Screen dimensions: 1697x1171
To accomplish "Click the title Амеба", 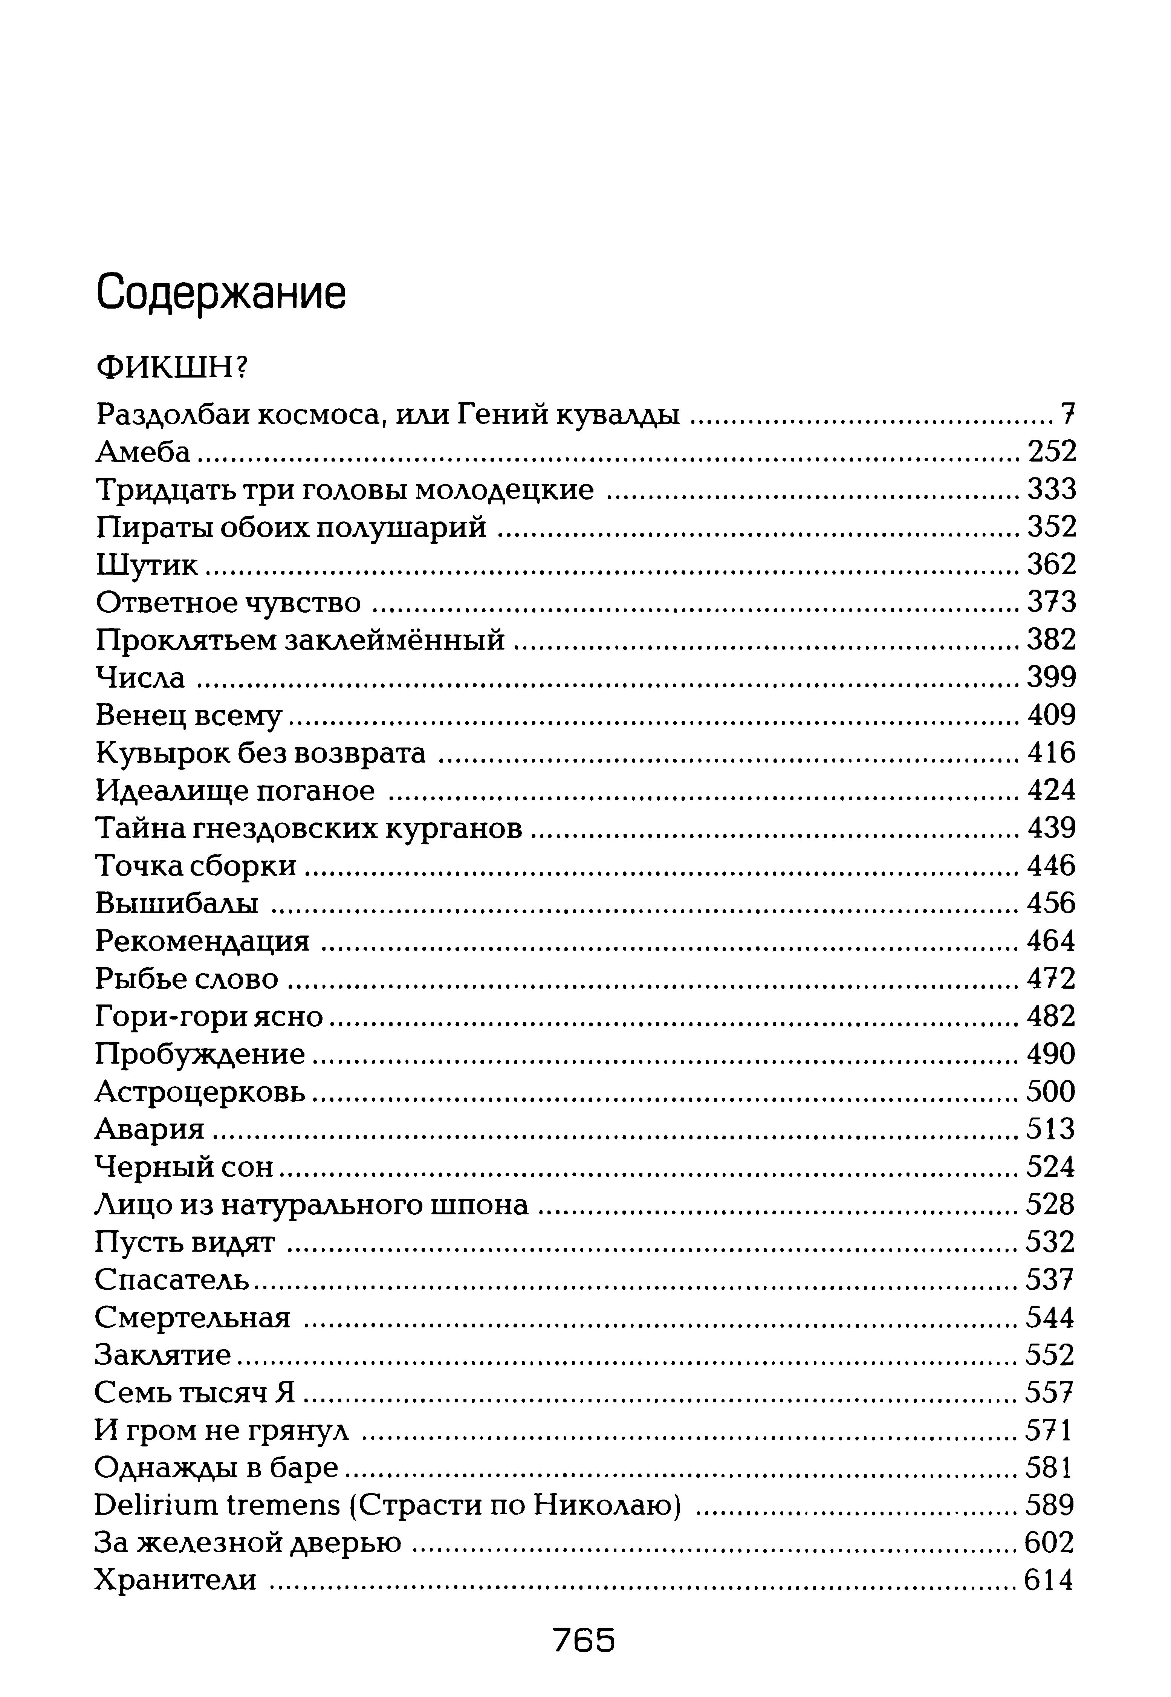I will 143,452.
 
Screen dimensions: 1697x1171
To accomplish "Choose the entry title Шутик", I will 147,565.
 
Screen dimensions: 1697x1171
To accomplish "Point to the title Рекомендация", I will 202,941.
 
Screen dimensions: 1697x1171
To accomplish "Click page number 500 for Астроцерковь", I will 1051,1092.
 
